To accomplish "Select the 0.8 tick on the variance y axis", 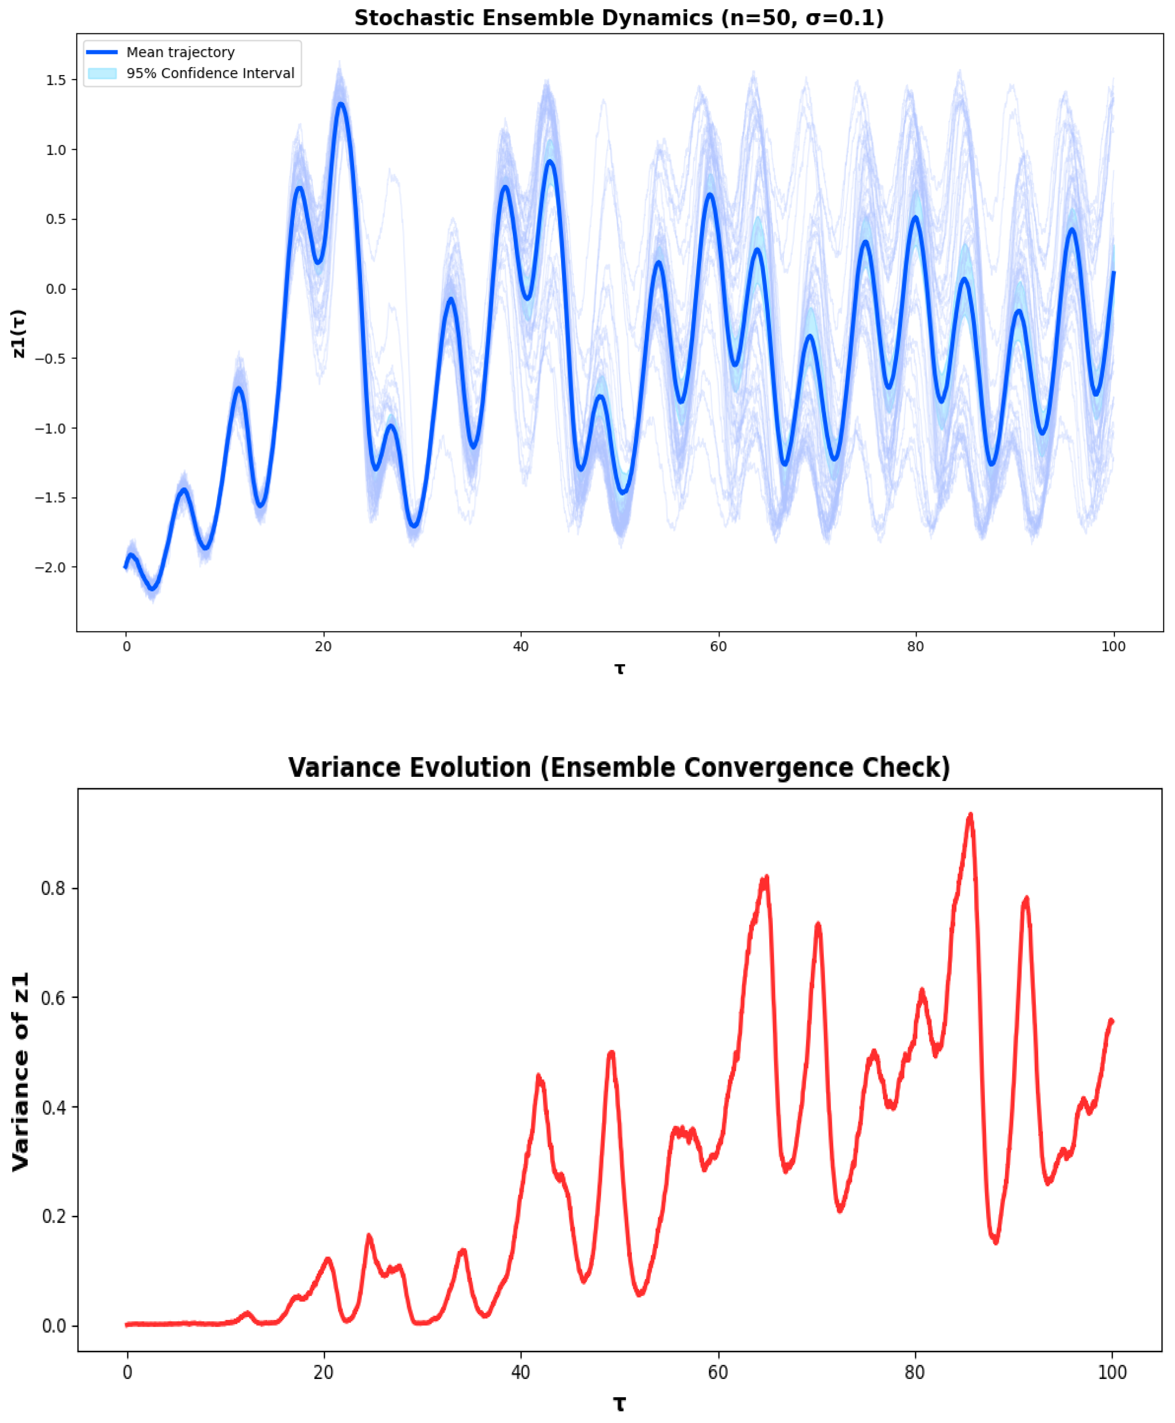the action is [x=53, y=888].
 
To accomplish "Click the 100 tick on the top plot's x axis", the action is [x=1113, y=647].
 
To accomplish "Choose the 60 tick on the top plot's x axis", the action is [x=718, y=647].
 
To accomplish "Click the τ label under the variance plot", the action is [x=619, y=1403].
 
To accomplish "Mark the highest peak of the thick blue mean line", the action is [x=341, y=103].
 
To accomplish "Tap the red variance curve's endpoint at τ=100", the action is [x=1112, y=1021].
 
